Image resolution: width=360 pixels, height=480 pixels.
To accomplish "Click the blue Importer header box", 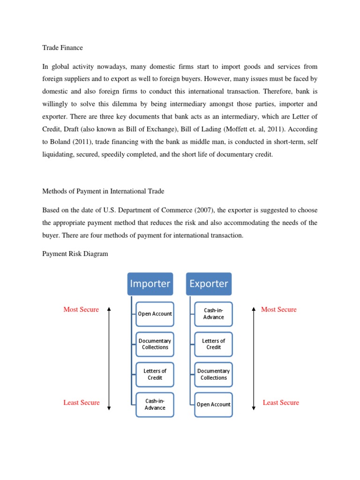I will (x=150, y=284).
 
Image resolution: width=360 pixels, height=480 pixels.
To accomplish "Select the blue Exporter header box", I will (x=209, y=284).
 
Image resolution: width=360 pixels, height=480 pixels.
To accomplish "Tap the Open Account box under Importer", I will (x=155, y=314).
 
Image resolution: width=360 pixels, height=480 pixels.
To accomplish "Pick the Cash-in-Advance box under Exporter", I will (x=214, y=314).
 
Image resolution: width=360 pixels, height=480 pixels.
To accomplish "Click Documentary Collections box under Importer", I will (x=155, y=344).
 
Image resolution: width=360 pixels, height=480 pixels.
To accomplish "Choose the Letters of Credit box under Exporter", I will (x=214, y=344).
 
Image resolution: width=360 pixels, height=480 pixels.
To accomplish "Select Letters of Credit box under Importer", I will (x=155, y=374).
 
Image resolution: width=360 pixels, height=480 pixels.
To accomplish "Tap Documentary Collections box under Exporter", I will (x=214, y=374).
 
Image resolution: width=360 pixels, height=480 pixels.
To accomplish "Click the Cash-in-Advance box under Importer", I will (x=155, y=404).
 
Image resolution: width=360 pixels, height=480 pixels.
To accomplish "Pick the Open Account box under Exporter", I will (x=214, y=405).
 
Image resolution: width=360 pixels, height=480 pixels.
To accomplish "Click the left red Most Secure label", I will (x=81, y=309).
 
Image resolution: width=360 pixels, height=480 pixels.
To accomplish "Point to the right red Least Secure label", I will (x=281, y=403).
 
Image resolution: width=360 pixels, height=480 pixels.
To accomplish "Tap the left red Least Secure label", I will (x=82, y=403).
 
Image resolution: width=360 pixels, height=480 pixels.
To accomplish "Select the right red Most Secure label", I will (x=279, y=309).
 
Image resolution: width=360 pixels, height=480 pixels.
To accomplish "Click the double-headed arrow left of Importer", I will (x=109, y=359).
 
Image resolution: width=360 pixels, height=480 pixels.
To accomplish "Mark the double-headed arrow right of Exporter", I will (x=254, y=359).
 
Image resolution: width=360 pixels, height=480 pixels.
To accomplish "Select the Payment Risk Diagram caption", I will (x=75, y=254).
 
